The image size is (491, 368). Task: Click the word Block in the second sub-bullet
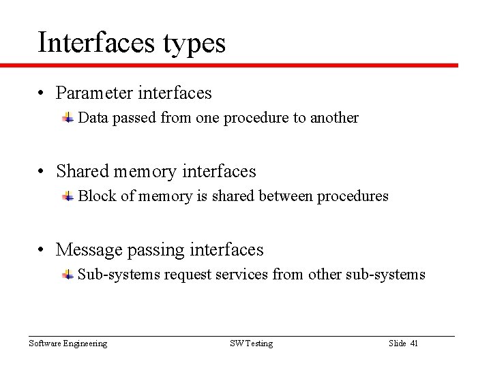click(x=96, y=196)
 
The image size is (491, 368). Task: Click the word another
click(x=334, y=118)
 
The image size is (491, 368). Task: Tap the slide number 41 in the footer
click(x=413, y=343)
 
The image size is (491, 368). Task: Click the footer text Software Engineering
click(x=68, y=343)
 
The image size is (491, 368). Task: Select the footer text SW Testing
click(x=251, y=343)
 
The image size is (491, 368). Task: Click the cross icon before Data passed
click(x=68, y=118)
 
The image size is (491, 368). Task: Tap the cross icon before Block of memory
click(x=68, y=196)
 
